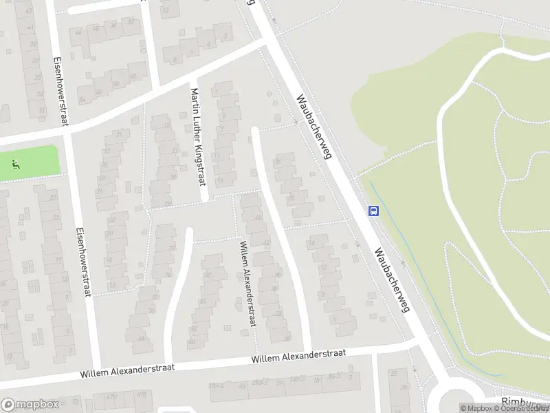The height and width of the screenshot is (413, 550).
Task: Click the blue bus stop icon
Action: point(373,211)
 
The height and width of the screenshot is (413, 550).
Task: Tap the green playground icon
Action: point(15,164)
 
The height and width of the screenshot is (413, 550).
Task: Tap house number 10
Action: point(166,10)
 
